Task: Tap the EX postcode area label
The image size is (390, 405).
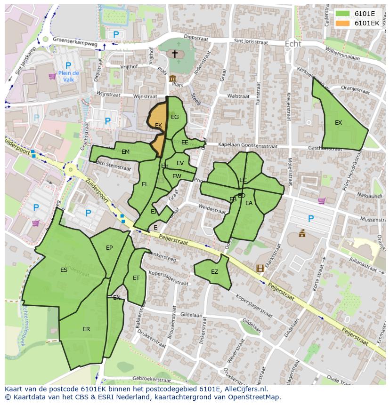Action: point(338,123)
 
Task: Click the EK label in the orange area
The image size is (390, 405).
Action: point(158,126)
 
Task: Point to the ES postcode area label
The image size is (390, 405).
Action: point(64,270)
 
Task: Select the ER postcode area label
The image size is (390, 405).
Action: point(86,329)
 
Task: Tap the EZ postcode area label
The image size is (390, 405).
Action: point(214,272)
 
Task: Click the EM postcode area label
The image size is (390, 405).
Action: point(125,152)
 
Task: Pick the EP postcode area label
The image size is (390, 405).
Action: point(109,248)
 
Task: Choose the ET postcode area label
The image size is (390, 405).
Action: point(136,278)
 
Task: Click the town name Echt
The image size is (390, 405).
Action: point(292,44)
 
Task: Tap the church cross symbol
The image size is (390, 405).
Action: point(175,54)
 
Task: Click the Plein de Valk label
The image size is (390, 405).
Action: point(69,76)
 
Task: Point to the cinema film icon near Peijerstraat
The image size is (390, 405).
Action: point(260,268)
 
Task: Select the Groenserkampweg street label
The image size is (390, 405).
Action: point(74,41)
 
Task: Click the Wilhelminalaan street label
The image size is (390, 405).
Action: point(329,53)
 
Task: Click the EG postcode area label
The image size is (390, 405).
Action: point(175,117)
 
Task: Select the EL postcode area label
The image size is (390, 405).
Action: point(145,184)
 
